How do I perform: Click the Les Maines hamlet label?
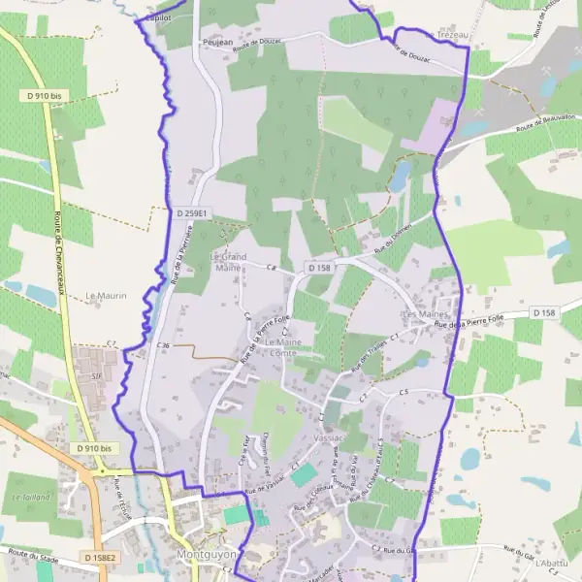(x=423, y=315)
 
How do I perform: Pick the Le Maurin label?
(x=107, y=295)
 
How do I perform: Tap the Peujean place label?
(x=217, y=44)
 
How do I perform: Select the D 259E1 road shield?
(x=194, y=212)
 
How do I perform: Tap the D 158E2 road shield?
(x=100, y=558)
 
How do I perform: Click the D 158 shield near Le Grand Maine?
(x=320, y=267)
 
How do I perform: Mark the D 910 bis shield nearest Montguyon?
(x=94, y=448)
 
